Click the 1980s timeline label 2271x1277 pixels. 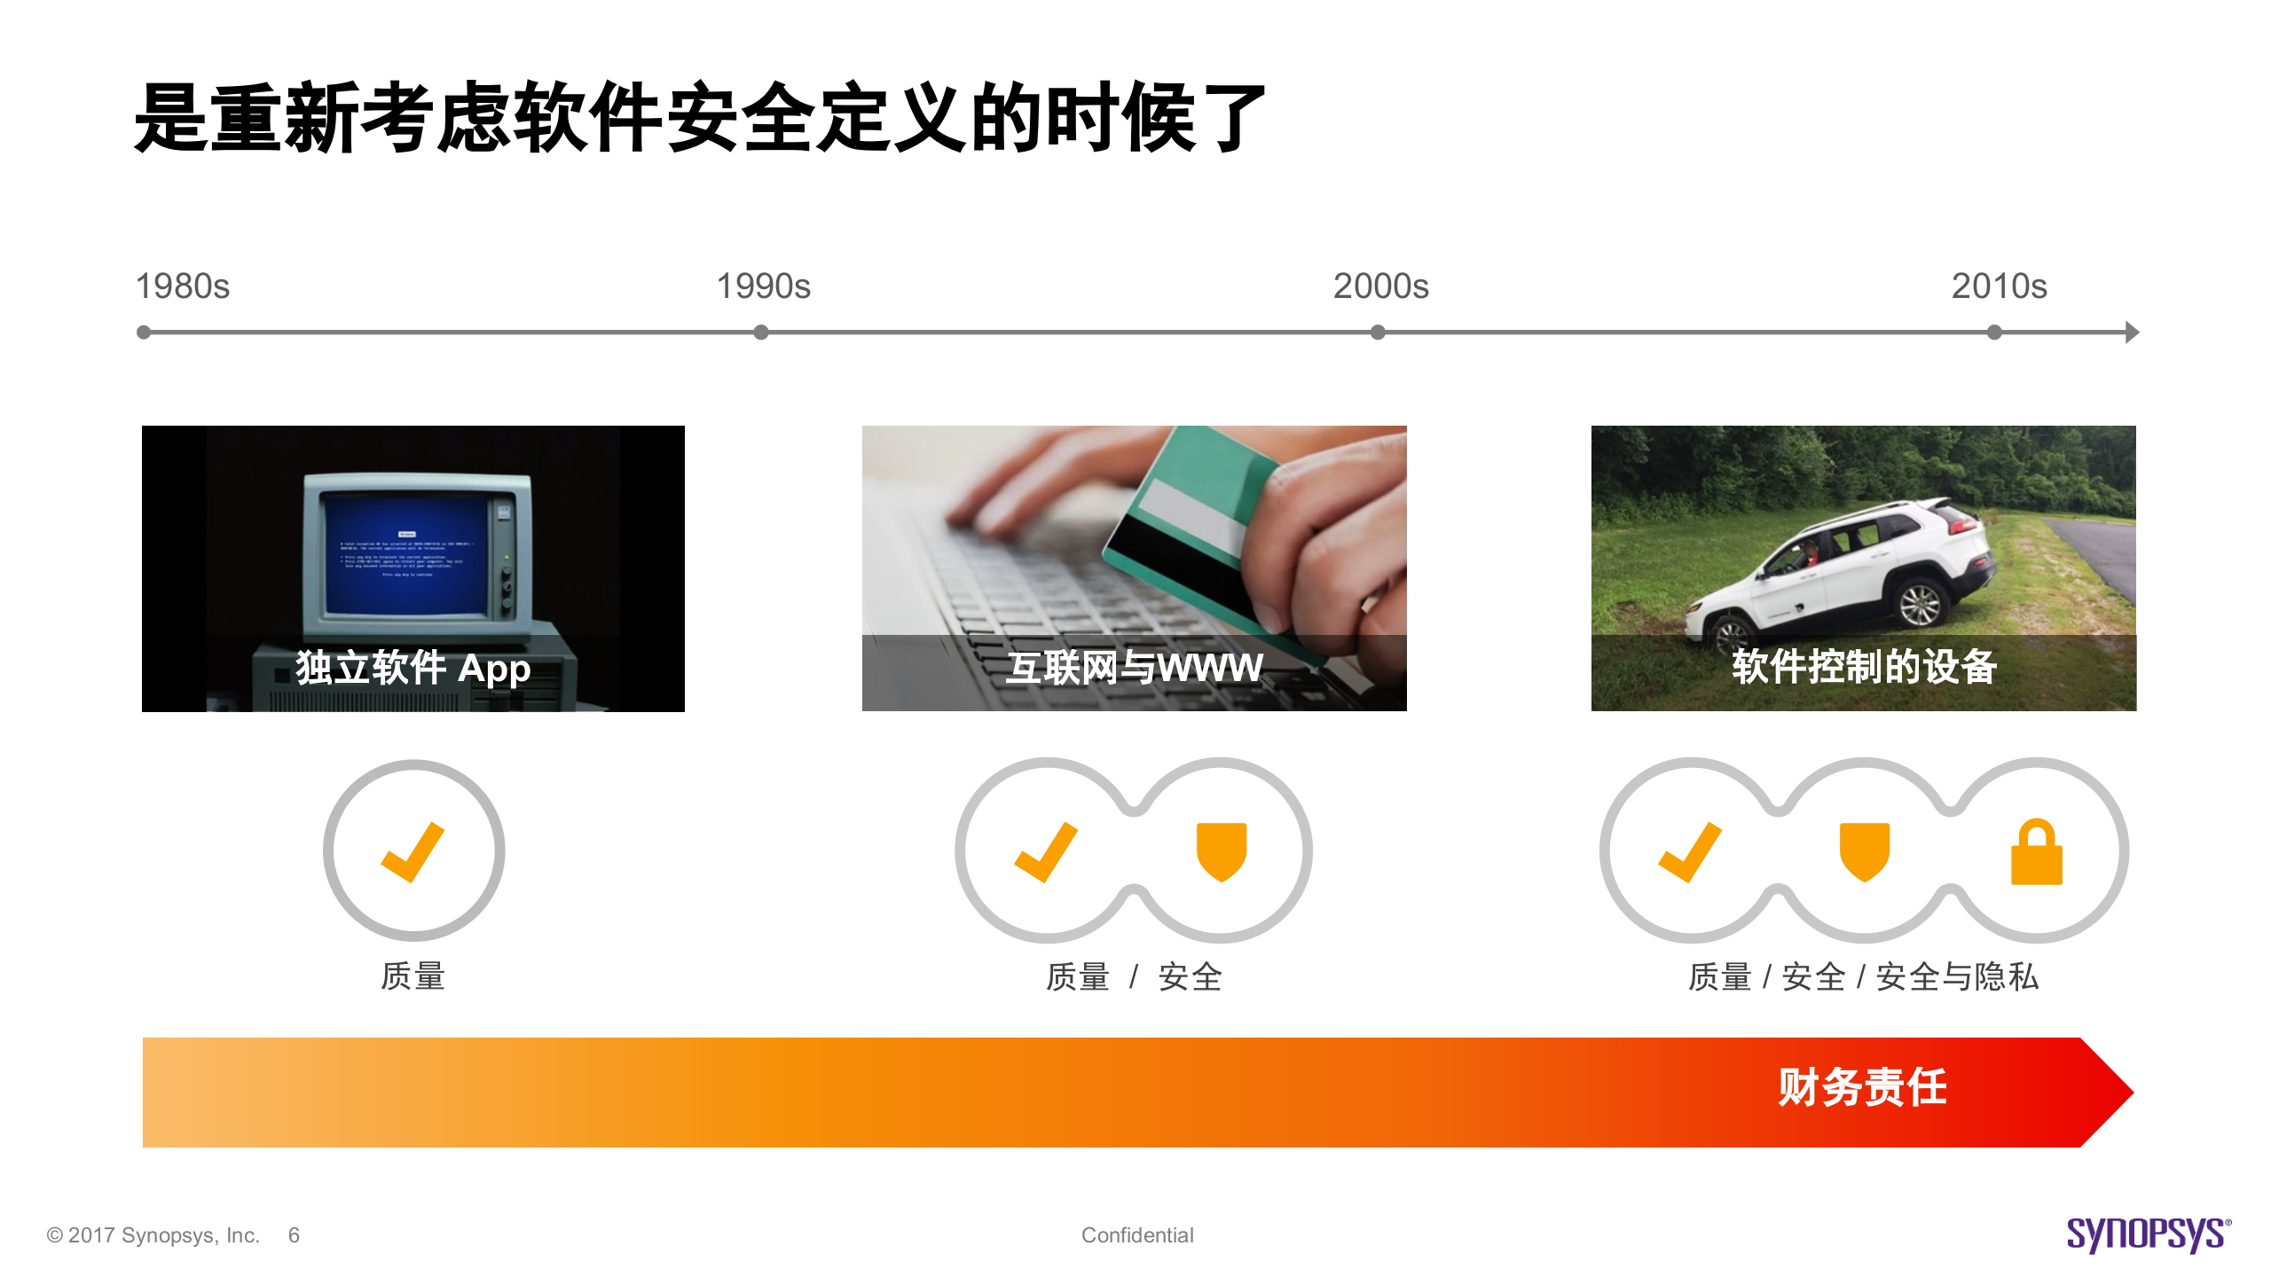coord(182,286)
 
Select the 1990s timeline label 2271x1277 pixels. coord(763,286)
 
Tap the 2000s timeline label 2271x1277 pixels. coord(1380,286)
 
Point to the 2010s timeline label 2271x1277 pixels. coord(1999,286)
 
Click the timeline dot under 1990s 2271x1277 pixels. coord(761,333)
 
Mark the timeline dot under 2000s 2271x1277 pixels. coord(1378,333)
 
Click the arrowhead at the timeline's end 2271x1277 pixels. coord(2132,333)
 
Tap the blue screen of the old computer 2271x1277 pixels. coord(408,554)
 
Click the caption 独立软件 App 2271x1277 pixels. coord(413,668)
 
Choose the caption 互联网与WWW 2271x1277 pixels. coord(1135,668)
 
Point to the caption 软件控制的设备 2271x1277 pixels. coord(1864,667)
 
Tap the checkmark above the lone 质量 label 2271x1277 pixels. coord(413,851)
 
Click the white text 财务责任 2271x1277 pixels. coord(1862,1088)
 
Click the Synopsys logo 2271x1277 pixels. coord(2148,1234)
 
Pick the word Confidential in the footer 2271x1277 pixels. coord(1137,1235)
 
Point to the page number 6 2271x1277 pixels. coord(294,1235)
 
